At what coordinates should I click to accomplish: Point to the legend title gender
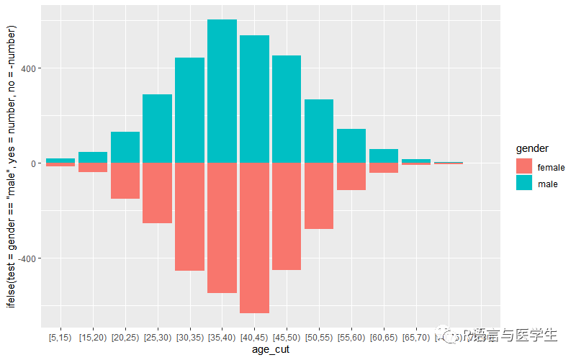[x=533, y=148]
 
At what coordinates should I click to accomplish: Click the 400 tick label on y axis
[x=29, y=68]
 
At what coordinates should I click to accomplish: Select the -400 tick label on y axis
[x=27, y=258]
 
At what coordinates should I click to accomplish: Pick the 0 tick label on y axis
[x=34, y=163]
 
